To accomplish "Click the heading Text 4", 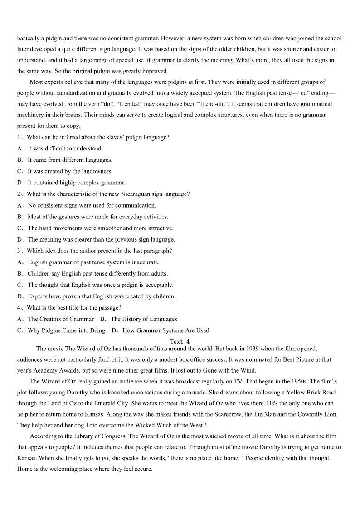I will [x=180, y=342].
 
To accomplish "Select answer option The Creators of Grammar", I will [x=61, y=319].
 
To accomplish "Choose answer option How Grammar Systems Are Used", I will [x=166, y=330].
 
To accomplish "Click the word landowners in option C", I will [x=97, y=171].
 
